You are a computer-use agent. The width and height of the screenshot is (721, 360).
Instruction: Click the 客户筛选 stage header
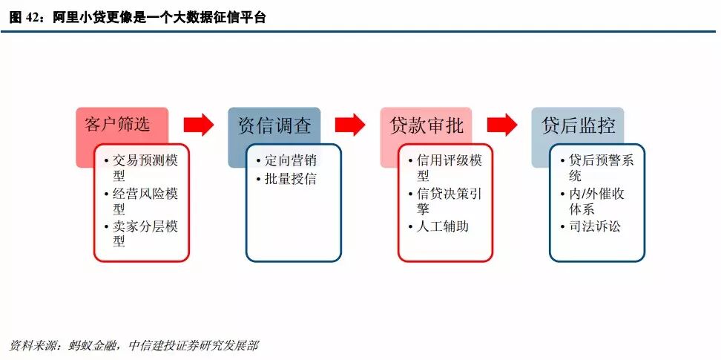(x=119, y=124)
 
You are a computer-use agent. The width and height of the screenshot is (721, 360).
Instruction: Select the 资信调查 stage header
(x=274, y=124)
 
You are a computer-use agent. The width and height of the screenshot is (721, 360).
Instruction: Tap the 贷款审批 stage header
(x=425, y=124)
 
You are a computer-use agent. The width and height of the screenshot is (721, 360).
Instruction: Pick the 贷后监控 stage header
(x=578, y=124)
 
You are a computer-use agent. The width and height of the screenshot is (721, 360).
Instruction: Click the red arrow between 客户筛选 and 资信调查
(x=198, y=125)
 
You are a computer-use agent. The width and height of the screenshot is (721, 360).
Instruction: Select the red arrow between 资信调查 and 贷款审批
(x=350, y=125)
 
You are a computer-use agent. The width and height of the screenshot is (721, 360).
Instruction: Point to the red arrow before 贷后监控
(x=502, y=125)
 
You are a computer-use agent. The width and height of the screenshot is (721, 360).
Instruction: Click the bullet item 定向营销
(x=291, y=160)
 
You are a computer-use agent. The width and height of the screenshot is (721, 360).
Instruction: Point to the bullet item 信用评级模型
(x=445, y=168)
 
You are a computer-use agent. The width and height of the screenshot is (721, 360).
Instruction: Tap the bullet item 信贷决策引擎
(x=445, y=201)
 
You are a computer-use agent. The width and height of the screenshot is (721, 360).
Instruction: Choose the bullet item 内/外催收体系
(x=591, y=201)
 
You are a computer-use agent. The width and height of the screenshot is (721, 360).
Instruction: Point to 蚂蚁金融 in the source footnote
(x=91, y=347)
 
